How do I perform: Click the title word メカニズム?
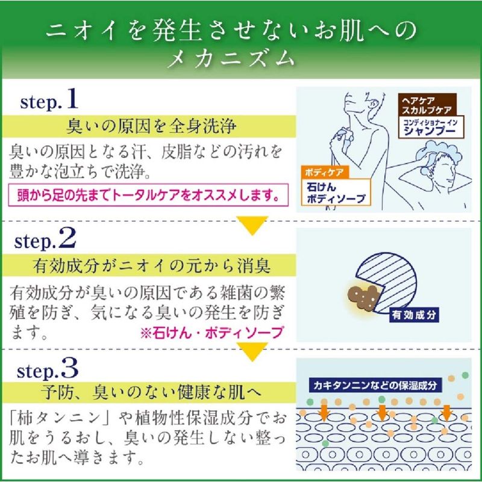[231, 58]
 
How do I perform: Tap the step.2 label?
[45, 239]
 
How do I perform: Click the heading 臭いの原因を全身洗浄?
[151, 127]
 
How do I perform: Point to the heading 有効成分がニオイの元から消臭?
[152, 266]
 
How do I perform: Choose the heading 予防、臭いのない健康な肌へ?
[152, 392]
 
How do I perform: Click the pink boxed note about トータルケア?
[148, 195]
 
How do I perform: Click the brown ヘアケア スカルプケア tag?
[427, 105]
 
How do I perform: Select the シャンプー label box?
[431, 127]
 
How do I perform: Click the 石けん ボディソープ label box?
[336, 192]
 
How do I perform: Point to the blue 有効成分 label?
[414, 315]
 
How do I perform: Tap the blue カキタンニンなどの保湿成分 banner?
[375, 385]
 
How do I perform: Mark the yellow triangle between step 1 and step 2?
[252, 225]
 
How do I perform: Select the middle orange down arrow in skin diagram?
[381, 413]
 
